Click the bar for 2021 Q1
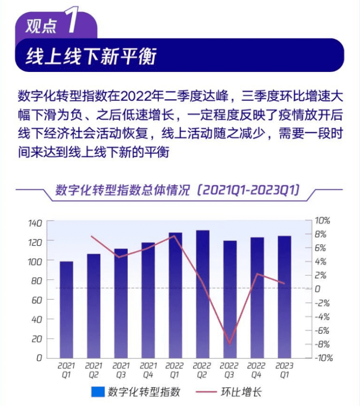66,310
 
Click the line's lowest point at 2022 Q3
230,344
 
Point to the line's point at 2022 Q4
257,274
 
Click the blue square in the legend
97,392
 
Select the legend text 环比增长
241,392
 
